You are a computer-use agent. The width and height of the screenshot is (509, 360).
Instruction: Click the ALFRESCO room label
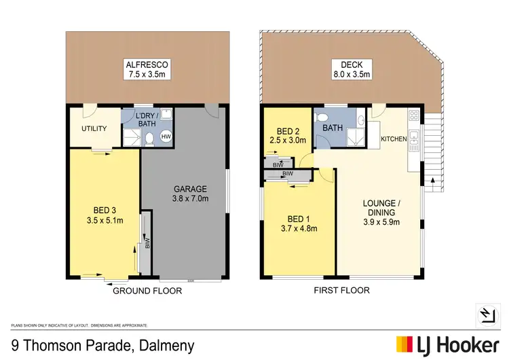point(147,65)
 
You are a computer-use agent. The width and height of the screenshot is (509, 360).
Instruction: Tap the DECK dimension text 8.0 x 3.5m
point(350,75)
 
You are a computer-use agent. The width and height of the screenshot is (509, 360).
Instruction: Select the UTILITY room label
point(94,128)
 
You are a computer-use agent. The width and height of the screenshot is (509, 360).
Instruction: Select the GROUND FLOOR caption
point(148,291)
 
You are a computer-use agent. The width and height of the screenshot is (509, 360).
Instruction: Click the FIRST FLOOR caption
point(343,291)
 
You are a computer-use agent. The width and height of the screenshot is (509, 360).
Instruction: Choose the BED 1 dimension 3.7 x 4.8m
point(299,228)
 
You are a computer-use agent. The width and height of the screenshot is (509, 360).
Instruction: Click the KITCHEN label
point(394,139)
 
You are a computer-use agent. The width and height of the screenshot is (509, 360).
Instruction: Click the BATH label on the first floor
point(333,127)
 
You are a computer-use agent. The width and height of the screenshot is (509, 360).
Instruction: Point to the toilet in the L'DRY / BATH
point(148,140)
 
